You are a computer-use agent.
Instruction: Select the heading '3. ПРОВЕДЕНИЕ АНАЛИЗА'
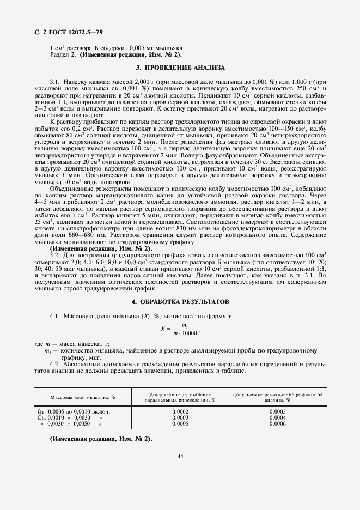click(180, 68)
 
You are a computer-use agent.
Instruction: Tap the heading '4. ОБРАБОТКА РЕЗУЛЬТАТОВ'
click(180, 301)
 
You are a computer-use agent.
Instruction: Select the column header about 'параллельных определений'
click(180, 397)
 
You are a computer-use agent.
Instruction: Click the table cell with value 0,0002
click(180, 411)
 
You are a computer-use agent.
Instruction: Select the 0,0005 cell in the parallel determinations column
click(180, 423)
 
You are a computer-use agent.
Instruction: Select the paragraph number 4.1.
click(54, 315)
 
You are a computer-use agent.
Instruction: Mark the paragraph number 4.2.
click(54, 363)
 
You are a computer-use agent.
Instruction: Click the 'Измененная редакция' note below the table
click(101, 439)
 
